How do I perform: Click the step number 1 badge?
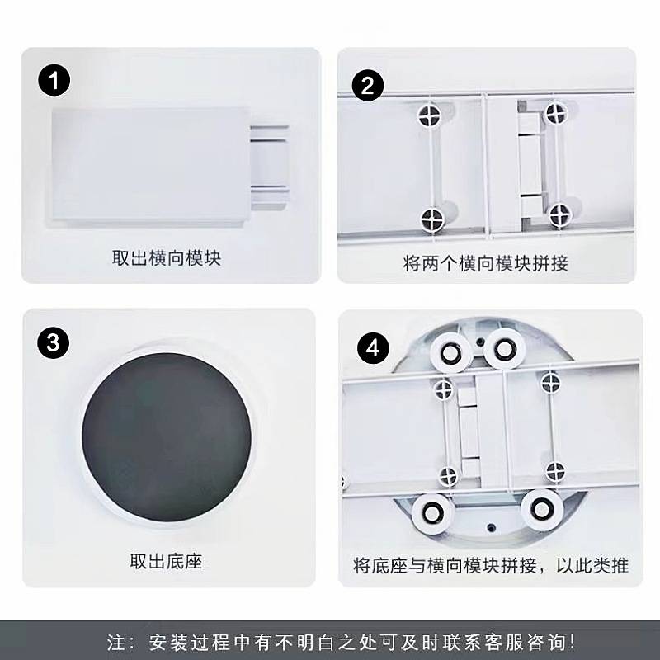click(x=54, y=82)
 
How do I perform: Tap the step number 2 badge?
click(x=369, y=86)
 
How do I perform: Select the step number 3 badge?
click(x=54, y=343)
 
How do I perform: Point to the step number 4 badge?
click(x=373, y=348)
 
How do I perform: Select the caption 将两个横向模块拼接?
click(x=486, y=263)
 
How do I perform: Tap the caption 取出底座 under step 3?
click(x=166, y=563)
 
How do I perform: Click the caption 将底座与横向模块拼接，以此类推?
click(x=491, y=566)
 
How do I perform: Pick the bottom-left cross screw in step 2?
click(x=432, y=219)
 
